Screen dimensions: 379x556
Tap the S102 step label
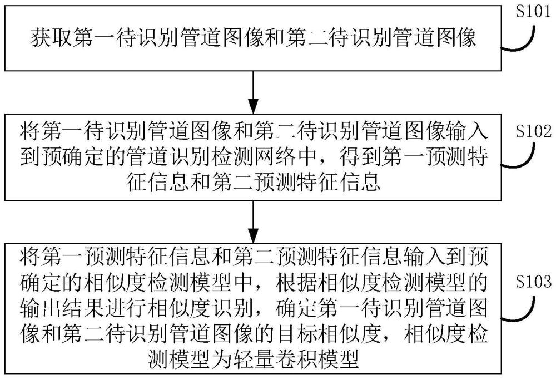click(533, 131)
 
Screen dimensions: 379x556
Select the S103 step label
click(533, 281)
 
